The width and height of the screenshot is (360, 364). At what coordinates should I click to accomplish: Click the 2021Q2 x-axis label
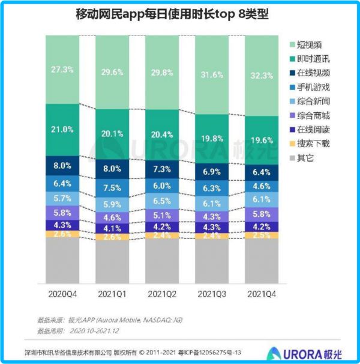pyautogui.click(x=162, y=294)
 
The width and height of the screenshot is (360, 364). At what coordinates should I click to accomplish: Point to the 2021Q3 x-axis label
pyautogui.click(x=212, y=294)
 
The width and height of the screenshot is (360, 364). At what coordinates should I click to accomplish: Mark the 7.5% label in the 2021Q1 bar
pyautogui.click(x=112, y=187)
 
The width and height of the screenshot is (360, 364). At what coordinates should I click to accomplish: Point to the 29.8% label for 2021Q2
pyautogui.click(x=162, y=73)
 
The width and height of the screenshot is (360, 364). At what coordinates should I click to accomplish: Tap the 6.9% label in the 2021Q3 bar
pyautogui.click(x=212, y=172)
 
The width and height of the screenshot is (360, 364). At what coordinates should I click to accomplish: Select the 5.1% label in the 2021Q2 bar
pyautogui.click(x=162, y=214)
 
